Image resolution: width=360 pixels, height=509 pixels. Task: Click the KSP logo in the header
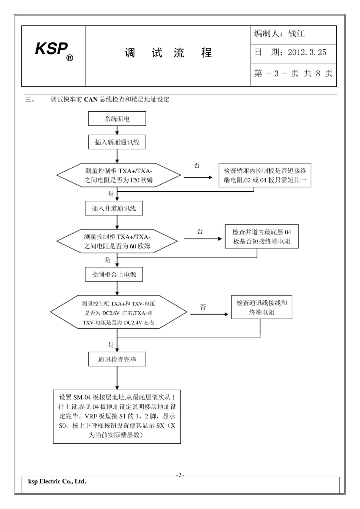pos(53,51)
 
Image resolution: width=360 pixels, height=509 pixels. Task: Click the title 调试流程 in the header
pos(168,53)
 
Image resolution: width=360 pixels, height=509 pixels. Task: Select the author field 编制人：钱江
pos(279,34)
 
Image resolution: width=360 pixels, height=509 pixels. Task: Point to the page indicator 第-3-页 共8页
pos(293,73)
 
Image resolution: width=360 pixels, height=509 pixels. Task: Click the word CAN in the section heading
pos(91,100)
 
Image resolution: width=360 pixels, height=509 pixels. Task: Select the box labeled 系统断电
pos(117,119)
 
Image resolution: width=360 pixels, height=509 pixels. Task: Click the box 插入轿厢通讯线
pos(117,142)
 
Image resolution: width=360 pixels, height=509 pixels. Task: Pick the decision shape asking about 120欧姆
pos(119,175)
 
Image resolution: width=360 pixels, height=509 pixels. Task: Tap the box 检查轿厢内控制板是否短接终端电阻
pos(265,175)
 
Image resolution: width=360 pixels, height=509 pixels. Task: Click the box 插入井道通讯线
pos(114,208)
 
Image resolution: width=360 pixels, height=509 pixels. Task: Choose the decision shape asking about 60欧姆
pos(117,241)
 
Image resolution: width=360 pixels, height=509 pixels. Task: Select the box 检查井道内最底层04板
pos(261,237)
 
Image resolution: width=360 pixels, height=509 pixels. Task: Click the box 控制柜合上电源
pos(114,275)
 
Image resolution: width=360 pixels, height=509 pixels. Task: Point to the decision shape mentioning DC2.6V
pos(119,313)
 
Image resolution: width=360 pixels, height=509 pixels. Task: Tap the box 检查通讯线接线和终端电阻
pos(261,308)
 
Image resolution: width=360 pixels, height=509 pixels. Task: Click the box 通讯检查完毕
pos(117,359)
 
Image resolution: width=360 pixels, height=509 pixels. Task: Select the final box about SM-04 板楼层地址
pos(117,416)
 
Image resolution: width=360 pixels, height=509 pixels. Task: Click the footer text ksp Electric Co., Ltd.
pos(57,482)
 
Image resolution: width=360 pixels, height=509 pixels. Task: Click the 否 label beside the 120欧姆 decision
pos(197,166)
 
